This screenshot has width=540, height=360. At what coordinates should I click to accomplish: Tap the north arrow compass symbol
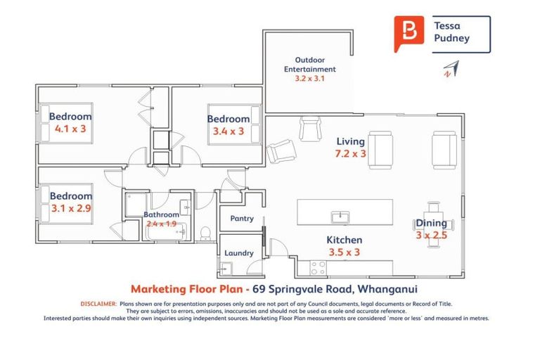(449, 69)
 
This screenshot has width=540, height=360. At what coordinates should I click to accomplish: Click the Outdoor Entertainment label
(309, 65)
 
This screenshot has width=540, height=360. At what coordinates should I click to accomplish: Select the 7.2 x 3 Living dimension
(350, 153)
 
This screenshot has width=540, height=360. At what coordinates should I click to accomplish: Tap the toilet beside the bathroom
(205, 232)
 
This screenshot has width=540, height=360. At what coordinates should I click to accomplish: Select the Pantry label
(241, 219)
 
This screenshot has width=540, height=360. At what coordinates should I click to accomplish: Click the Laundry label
(240, 253)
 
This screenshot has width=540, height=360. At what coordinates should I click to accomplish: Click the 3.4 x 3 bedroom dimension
(229, 131)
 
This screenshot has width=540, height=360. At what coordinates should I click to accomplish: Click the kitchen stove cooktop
(318, 267)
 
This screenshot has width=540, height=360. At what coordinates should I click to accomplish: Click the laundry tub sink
(226, 267)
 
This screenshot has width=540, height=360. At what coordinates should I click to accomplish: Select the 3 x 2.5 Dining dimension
(431, 236)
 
